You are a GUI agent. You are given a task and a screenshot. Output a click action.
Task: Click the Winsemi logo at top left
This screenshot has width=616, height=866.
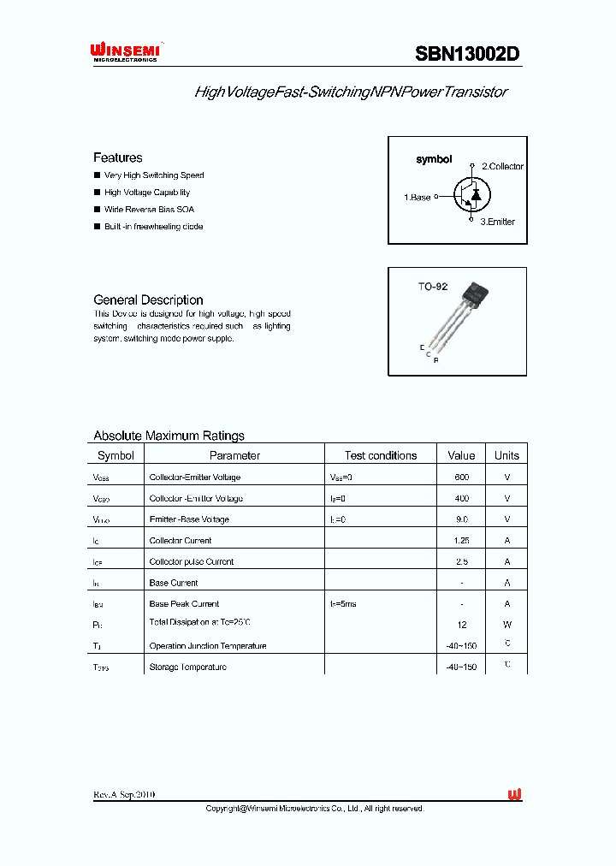point(126,53)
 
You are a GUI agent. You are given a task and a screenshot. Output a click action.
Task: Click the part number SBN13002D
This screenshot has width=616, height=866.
point(467,54)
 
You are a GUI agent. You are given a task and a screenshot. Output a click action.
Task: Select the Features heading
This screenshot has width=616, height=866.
point(117,157)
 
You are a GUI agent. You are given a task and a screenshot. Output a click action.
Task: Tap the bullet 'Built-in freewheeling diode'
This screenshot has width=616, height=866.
point(153,227)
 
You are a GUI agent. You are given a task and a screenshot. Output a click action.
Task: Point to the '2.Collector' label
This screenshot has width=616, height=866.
point(502,166)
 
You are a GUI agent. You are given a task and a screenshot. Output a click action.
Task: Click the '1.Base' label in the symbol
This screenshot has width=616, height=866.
point(418,197)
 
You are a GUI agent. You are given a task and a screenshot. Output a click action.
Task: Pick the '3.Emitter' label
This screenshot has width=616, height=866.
point(497,222)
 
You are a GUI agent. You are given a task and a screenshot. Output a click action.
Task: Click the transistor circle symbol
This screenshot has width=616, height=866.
point(471,194)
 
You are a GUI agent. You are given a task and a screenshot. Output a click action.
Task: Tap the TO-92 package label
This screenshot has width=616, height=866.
point(432,287)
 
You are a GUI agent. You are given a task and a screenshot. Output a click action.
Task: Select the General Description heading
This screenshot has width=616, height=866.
point(148,300)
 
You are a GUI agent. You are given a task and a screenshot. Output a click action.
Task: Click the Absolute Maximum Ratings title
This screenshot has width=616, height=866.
point(169,436)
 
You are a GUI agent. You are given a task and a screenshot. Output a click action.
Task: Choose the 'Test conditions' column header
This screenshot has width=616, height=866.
point(381,455)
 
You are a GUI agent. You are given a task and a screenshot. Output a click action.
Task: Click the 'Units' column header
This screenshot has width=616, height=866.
point(506,455)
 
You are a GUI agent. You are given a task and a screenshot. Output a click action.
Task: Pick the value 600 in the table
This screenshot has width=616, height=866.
point(461,477)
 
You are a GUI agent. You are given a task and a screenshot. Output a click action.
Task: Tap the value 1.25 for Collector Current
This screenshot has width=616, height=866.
point(461,541)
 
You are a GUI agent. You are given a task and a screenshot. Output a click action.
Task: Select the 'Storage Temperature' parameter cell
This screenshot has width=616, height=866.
point(187,667)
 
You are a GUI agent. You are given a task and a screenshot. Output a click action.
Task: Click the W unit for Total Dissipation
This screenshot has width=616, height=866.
point(506,625)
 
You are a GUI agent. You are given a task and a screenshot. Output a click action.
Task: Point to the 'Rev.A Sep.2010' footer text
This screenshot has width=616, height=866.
point(124,795)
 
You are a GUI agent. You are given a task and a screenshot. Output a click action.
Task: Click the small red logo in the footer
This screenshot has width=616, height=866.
point(514,795)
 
